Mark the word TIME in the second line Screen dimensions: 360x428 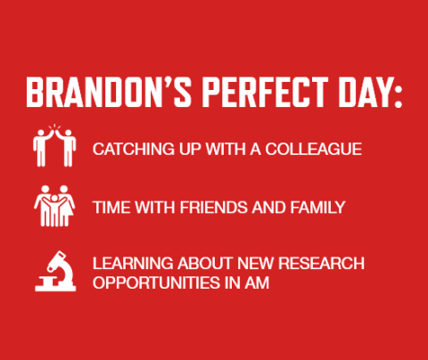coord(111,208)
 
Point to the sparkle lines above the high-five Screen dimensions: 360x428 coord(54,127)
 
